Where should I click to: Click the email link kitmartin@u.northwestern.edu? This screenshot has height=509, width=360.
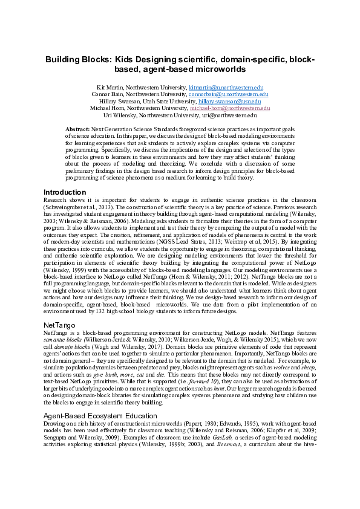pos(226,88)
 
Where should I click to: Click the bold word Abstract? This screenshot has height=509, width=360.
pos(77,129)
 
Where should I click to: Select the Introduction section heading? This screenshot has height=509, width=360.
pos(65,192)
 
